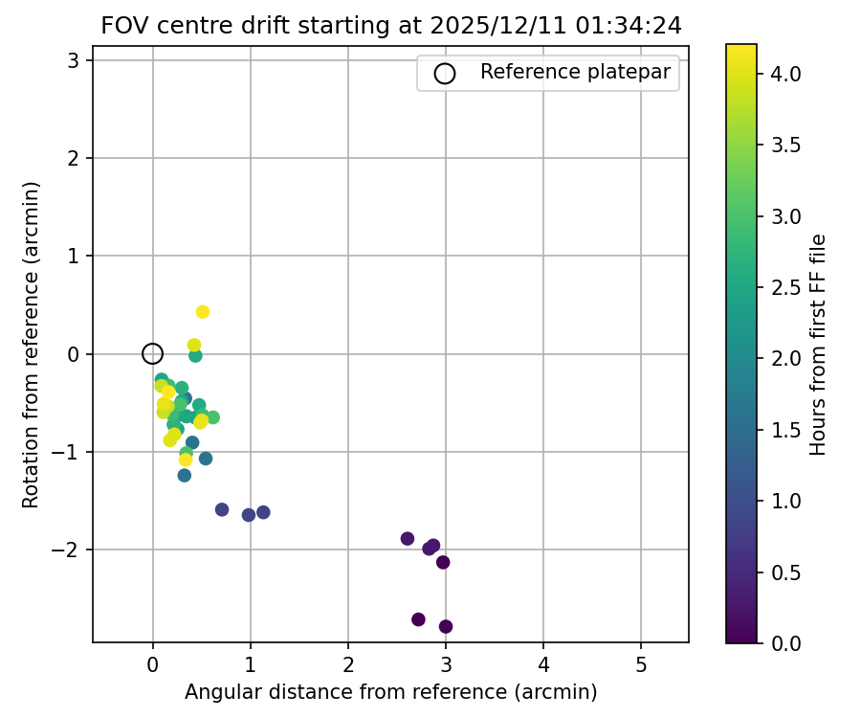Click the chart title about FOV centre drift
tap(391, 26)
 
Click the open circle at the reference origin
tap(152, 354)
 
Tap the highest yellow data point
tap(203, 312)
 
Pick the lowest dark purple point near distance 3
tap(446, 627)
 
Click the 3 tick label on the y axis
tap(74, 60)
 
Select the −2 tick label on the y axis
tap(69, 550)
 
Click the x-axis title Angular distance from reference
tap(390, 692)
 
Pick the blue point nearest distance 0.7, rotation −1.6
tap(222, 509)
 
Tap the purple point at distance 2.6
tap(408, 539)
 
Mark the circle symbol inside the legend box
tap(445, 73)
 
